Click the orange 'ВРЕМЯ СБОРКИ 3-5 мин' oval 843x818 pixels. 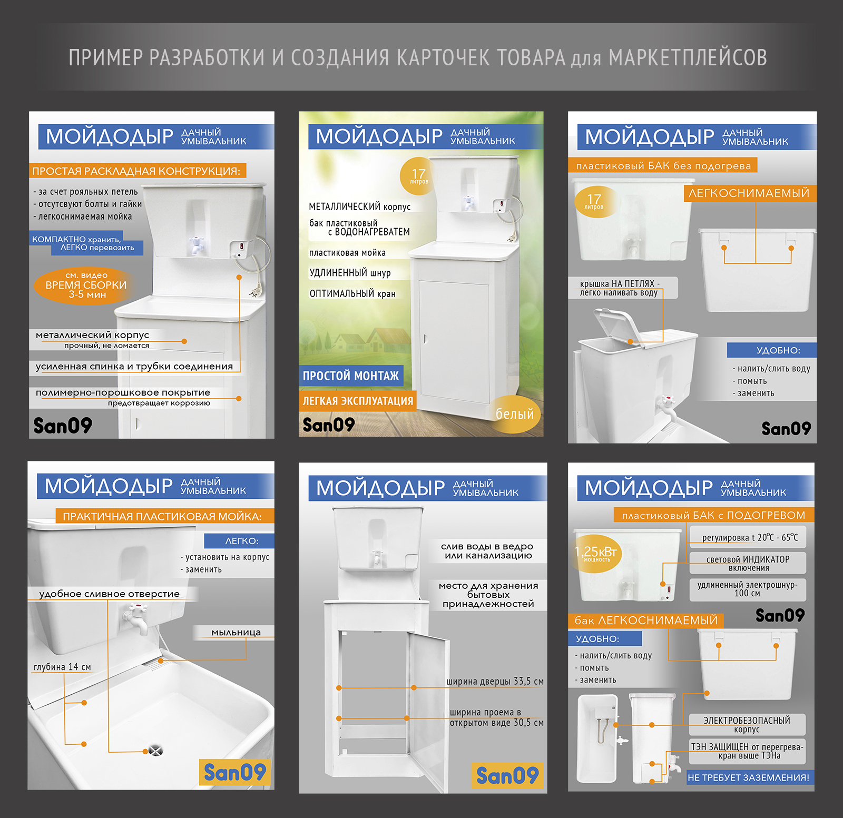click(83, 285)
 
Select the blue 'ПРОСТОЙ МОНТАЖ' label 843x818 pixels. click(351, 376)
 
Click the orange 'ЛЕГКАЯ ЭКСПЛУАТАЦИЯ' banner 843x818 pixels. click(358, 401)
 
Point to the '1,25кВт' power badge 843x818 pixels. click(596, 554)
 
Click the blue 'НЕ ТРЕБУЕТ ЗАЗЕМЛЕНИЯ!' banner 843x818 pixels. click(749, 777)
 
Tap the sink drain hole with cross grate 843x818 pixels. click(155, 751)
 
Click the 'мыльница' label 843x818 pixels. click(236, 632)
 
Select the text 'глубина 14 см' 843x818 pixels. click(62, 667)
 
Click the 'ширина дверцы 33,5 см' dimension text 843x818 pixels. click(495, 681)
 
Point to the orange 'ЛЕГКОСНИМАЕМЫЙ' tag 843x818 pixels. click(749, 193)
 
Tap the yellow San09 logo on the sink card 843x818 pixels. click(234, 773)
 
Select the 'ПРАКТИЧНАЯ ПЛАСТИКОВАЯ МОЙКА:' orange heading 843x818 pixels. click(162, 516)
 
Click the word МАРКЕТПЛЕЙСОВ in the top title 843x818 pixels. click(688, 57)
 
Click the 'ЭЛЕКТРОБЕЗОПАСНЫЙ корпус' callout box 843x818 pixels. click(747, 725)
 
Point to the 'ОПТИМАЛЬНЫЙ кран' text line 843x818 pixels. click(352, 293)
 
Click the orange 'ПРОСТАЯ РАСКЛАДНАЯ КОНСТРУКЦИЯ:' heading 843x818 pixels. click(136, 171)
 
